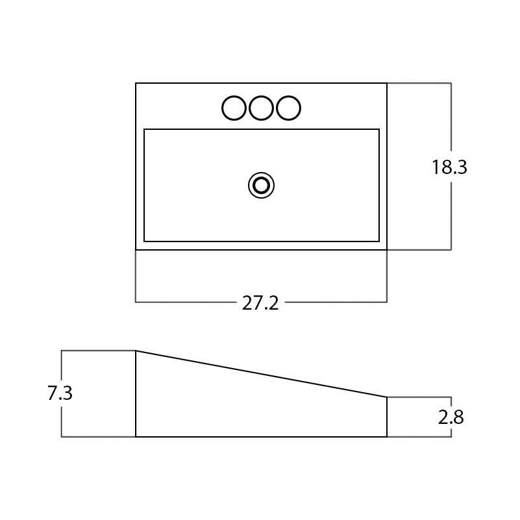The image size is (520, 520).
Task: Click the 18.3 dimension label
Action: [449, 167]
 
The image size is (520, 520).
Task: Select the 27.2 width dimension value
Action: [260, 303]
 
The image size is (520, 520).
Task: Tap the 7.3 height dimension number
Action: [60, 393]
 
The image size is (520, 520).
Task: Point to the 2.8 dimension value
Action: [451, 417]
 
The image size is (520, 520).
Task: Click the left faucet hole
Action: [234, 108]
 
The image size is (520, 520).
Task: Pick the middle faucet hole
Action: [261, 108]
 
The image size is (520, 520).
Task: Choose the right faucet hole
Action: [288, 108]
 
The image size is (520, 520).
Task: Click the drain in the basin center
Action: [261, 186]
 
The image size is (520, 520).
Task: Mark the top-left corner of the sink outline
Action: [136, 83]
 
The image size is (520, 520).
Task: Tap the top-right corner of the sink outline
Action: [387, 83]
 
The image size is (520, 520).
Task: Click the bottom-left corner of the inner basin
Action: [144, 241]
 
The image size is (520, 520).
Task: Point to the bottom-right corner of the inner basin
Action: [379, 241]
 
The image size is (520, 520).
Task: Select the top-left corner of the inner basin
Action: [144, 129]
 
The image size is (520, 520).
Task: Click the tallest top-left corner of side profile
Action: [136, 351]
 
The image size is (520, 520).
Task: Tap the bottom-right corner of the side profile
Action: [387, 437]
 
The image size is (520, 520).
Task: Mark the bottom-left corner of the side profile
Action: [136, 437]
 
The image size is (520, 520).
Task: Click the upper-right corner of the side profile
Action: [387, 397]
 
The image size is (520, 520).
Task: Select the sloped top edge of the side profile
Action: [261, 373]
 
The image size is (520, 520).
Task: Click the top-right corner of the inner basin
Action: [379, 129]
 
